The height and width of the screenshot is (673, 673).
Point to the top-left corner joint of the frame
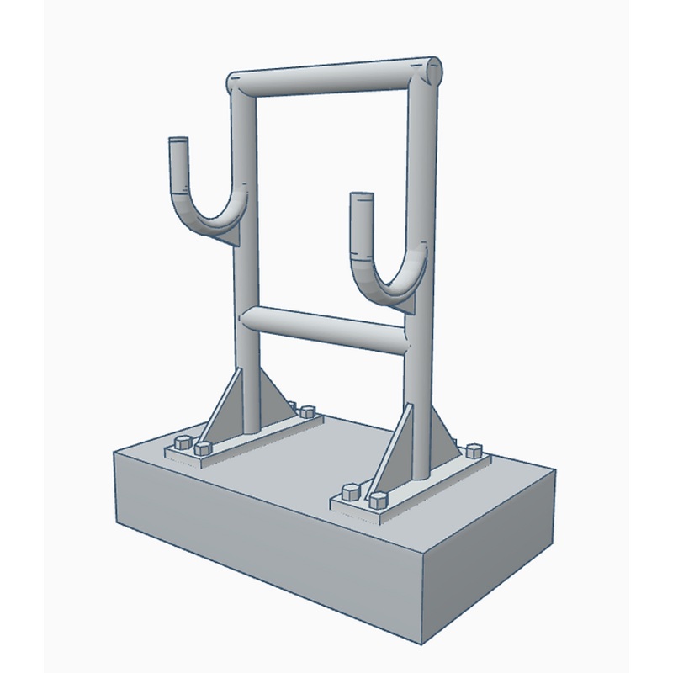click(239, 85)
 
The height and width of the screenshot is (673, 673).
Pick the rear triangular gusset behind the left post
click(273, 395)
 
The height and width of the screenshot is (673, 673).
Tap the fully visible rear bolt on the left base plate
click(307, 411)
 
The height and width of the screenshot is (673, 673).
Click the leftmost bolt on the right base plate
click(350, 490)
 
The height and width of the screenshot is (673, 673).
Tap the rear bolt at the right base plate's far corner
click(473, 451)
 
